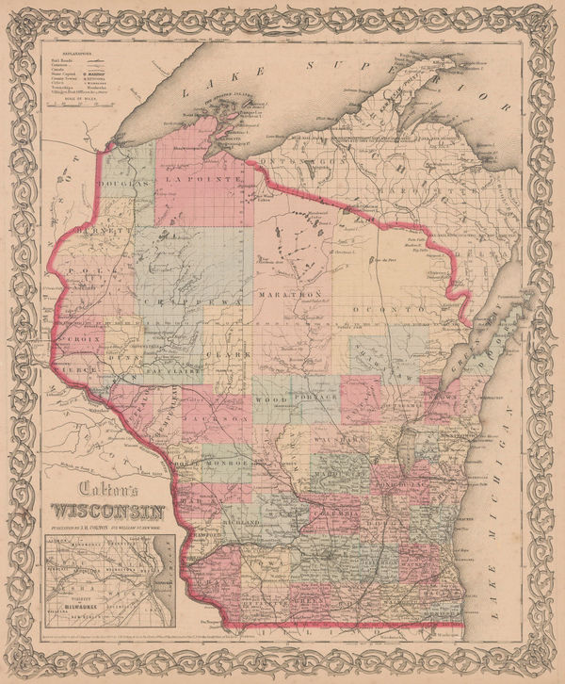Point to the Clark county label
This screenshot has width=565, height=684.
click(x=235, y=355)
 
